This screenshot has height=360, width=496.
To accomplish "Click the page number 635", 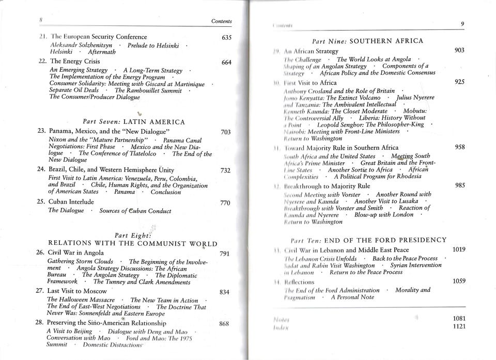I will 226,38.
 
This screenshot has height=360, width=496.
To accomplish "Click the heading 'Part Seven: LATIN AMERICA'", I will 134,122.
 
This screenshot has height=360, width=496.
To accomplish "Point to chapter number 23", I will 42,131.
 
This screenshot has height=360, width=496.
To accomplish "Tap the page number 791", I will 224,254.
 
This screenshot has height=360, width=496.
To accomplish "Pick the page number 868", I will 224,324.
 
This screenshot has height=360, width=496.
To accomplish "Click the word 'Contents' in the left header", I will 222,21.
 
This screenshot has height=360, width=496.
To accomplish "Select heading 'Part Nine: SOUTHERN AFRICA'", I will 368,41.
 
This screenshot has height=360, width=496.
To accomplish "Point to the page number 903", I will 459,50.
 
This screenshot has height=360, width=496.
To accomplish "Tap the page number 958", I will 459,147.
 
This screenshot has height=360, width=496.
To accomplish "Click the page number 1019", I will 459,249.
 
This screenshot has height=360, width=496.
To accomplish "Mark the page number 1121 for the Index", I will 459,326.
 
